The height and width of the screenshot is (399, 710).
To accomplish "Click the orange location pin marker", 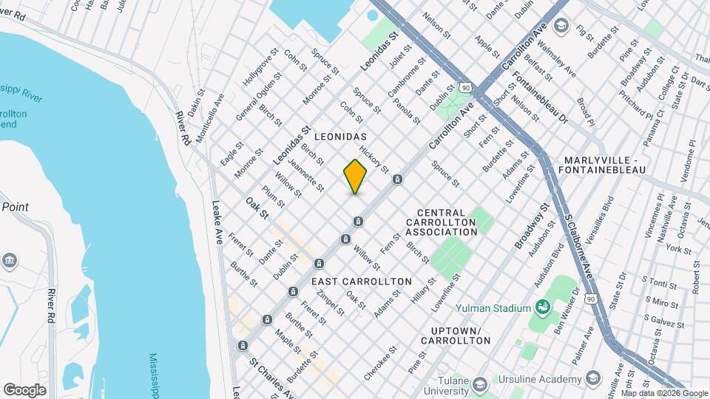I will (x=355, y=176).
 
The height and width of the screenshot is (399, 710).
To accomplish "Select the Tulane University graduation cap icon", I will (x=479, y=384).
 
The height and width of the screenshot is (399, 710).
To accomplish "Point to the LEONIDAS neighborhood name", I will (x=340, y=138).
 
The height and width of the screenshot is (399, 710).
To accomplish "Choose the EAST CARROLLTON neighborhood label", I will (x=361, y=282).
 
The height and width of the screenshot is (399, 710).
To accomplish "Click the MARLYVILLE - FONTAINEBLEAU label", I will (x=605, y=165).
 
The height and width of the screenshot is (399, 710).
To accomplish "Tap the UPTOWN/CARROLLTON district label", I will (x=456, y=335).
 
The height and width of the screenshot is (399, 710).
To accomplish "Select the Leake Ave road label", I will (x=217, y=222).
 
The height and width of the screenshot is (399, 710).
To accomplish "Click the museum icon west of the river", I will (x=10, y=259).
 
